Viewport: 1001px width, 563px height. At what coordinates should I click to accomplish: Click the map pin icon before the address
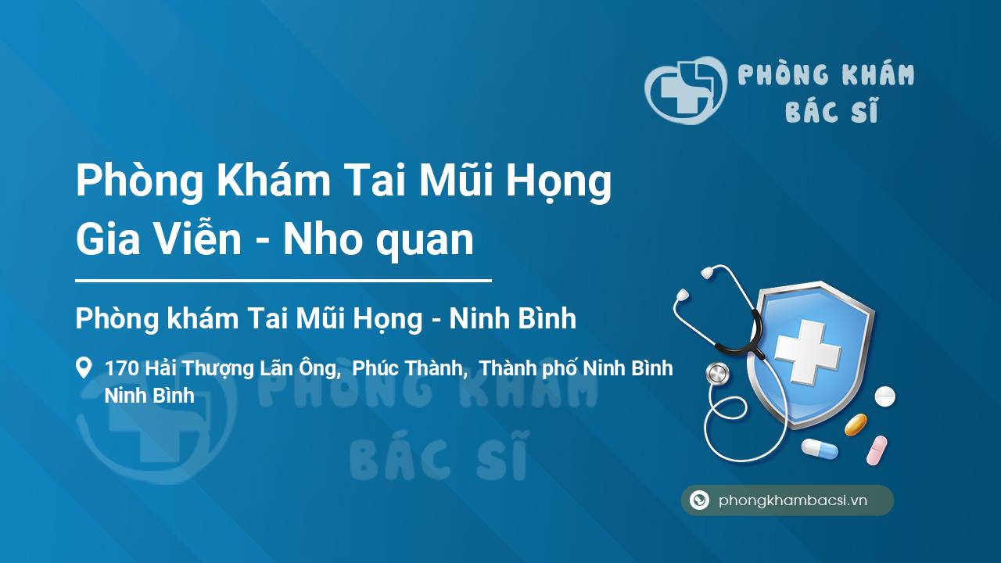coord(84,368)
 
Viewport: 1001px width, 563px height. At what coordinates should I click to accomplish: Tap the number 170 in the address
coord(122,368)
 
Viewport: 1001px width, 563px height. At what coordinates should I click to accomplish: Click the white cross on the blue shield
coord(808,352)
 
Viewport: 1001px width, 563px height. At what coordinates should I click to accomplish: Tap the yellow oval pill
coord(856,425)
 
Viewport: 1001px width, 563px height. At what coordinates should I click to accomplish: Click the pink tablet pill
coord(877,450)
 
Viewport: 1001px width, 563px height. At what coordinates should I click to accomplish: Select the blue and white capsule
coord(820,448)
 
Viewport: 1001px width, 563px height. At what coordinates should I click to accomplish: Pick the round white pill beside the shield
coord(884,396)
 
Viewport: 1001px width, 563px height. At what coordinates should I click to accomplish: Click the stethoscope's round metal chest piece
coord(717,374)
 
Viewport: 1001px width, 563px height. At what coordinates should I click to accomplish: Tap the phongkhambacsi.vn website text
coord(793,500)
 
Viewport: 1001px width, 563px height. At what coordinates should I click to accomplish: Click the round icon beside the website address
coord(699,500)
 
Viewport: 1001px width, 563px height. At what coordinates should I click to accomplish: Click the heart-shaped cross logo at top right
coord(686,90)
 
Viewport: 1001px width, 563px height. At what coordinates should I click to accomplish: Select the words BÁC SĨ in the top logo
coord(831,109)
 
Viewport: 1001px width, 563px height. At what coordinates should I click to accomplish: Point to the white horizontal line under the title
coord(283,281)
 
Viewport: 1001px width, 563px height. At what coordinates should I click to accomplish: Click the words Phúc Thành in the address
coord(407,368)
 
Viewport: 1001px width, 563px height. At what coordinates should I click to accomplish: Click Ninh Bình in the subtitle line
coord(512,318)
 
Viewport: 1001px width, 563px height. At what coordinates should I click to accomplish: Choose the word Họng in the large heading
coord(558,182)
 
